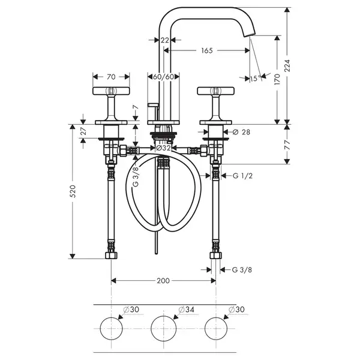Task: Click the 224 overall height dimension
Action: [287, 65]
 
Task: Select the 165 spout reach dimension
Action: [207, 50]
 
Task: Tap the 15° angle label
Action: [256, 79]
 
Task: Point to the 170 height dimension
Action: [277, 79]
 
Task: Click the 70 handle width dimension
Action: [111, 77]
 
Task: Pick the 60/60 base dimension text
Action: [163, 77]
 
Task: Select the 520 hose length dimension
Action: [73, 191]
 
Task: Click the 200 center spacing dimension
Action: [163, 281]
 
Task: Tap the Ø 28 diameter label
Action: [241, 132]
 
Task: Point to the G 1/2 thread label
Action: [242, 176]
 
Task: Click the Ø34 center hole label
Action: [186, 310]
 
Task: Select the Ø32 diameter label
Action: [163, 148]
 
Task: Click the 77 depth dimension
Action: [287, 145]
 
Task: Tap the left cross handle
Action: [111, 91]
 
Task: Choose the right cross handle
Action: [216, 91]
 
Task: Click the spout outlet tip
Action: [249, 35]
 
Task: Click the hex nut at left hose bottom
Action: [111, 256]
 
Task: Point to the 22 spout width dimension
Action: [164, 40]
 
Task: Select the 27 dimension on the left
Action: [83, 131]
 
